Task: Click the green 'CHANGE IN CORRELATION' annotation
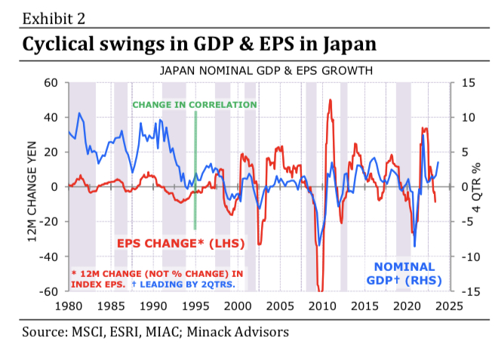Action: [195, 104]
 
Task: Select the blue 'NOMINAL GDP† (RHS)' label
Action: [405, 273]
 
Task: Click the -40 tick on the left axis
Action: [50, 257]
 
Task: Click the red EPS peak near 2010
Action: [331, 100]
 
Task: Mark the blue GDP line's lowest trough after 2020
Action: [415, 246]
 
